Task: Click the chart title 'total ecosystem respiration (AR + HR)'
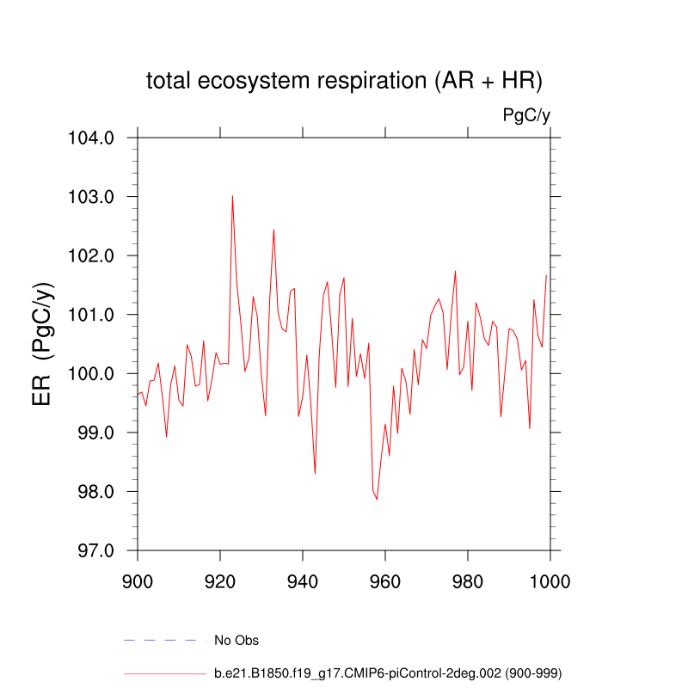click(x=344, y=81)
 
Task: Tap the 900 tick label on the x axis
click(x=138, y=580)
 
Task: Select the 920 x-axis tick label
click(x=220, y=580)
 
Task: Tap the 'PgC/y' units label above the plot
click(x=526, y=115)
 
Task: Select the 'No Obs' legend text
click(x=236, y=640)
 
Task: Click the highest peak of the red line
click(x=232, y=196)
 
